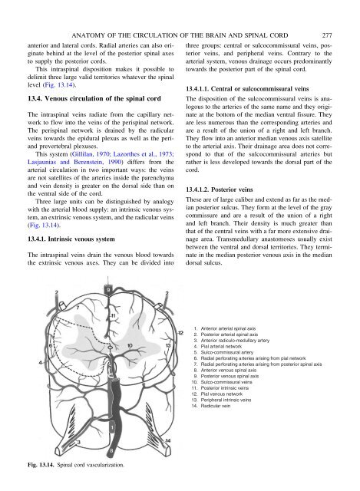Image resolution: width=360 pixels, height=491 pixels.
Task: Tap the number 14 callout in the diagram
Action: [168, 440]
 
